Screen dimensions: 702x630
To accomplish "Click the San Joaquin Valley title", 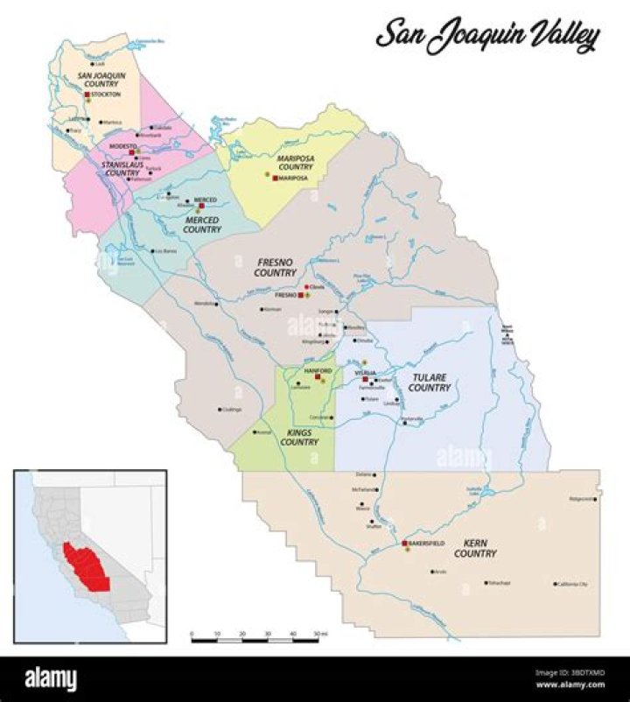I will [x=487, y=36].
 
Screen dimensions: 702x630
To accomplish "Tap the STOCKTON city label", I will [x=106, y=94].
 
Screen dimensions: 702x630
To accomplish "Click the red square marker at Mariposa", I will [x=275, y=178].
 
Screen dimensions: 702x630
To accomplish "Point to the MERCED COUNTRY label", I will [x=202, y=224].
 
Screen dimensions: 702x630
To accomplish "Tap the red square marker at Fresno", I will [x=301, y=296].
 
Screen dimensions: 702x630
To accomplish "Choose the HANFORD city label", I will [x=317, y=370].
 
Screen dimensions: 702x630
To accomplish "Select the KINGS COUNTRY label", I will [x=298, y=438].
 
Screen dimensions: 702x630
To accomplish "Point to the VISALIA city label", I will [x=365, y=373].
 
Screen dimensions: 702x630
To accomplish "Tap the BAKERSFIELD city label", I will [x=427, y=544].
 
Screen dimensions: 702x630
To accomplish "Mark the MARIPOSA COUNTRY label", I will [x=295, y=162].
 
